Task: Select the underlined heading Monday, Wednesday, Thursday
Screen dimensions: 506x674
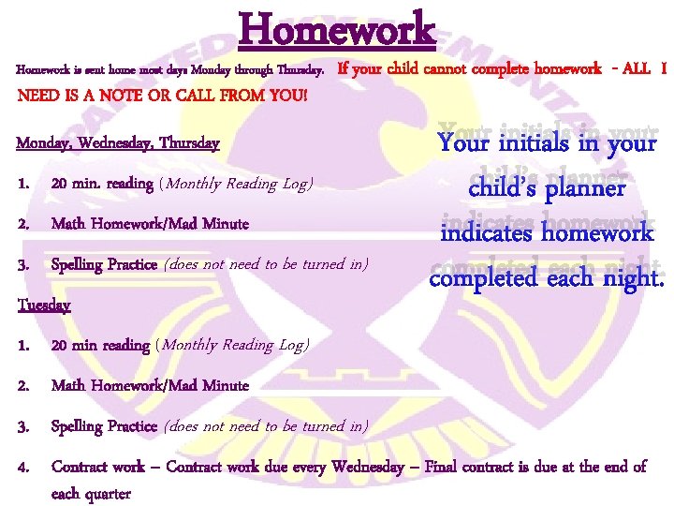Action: (118, 143)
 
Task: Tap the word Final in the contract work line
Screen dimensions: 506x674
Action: (443, 467)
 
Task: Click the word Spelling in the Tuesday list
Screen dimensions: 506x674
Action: (77, 426)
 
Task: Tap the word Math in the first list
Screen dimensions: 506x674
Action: (66, 224)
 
